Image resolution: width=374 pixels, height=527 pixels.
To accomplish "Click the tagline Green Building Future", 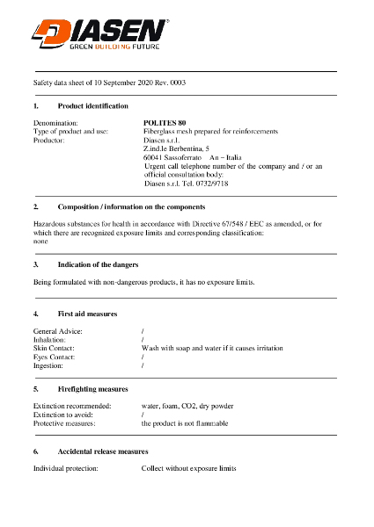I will coord(114,49).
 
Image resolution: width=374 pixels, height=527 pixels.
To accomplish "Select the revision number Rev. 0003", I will coord(168,82).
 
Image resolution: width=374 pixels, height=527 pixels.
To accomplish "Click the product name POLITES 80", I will coord(165,122).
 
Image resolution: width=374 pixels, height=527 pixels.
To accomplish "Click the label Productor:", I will coord(49,140).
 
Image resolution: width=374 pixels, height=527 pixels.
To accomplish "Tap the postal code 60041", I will coord(153,157).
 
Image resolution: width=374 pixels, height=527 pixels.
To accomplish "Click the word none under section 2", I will coord(40,240).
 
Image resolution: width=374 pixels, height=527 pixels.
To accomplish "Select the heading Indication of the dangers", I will coord(98,264).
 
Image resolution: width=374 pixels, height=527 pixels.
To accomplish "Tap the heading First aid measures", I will coord(87,314).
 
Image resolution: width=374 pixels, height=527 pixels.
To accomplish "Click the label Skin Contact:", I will coord(54,348).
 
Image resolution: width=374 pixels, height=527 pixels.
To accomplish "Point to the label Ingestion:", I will coord(48,365).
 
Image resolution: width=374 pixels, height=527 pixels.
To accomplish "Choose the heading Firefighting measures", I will coord(92,388).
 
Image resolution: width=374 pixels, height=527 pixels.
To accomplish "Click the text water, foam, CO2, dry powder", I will coord(187,406).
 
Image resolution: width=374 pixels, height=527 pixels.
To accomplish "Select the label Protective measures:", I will coord(64,423).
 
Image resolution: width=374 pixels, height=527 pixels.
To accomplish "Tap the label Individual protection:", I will coord(65,468).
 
